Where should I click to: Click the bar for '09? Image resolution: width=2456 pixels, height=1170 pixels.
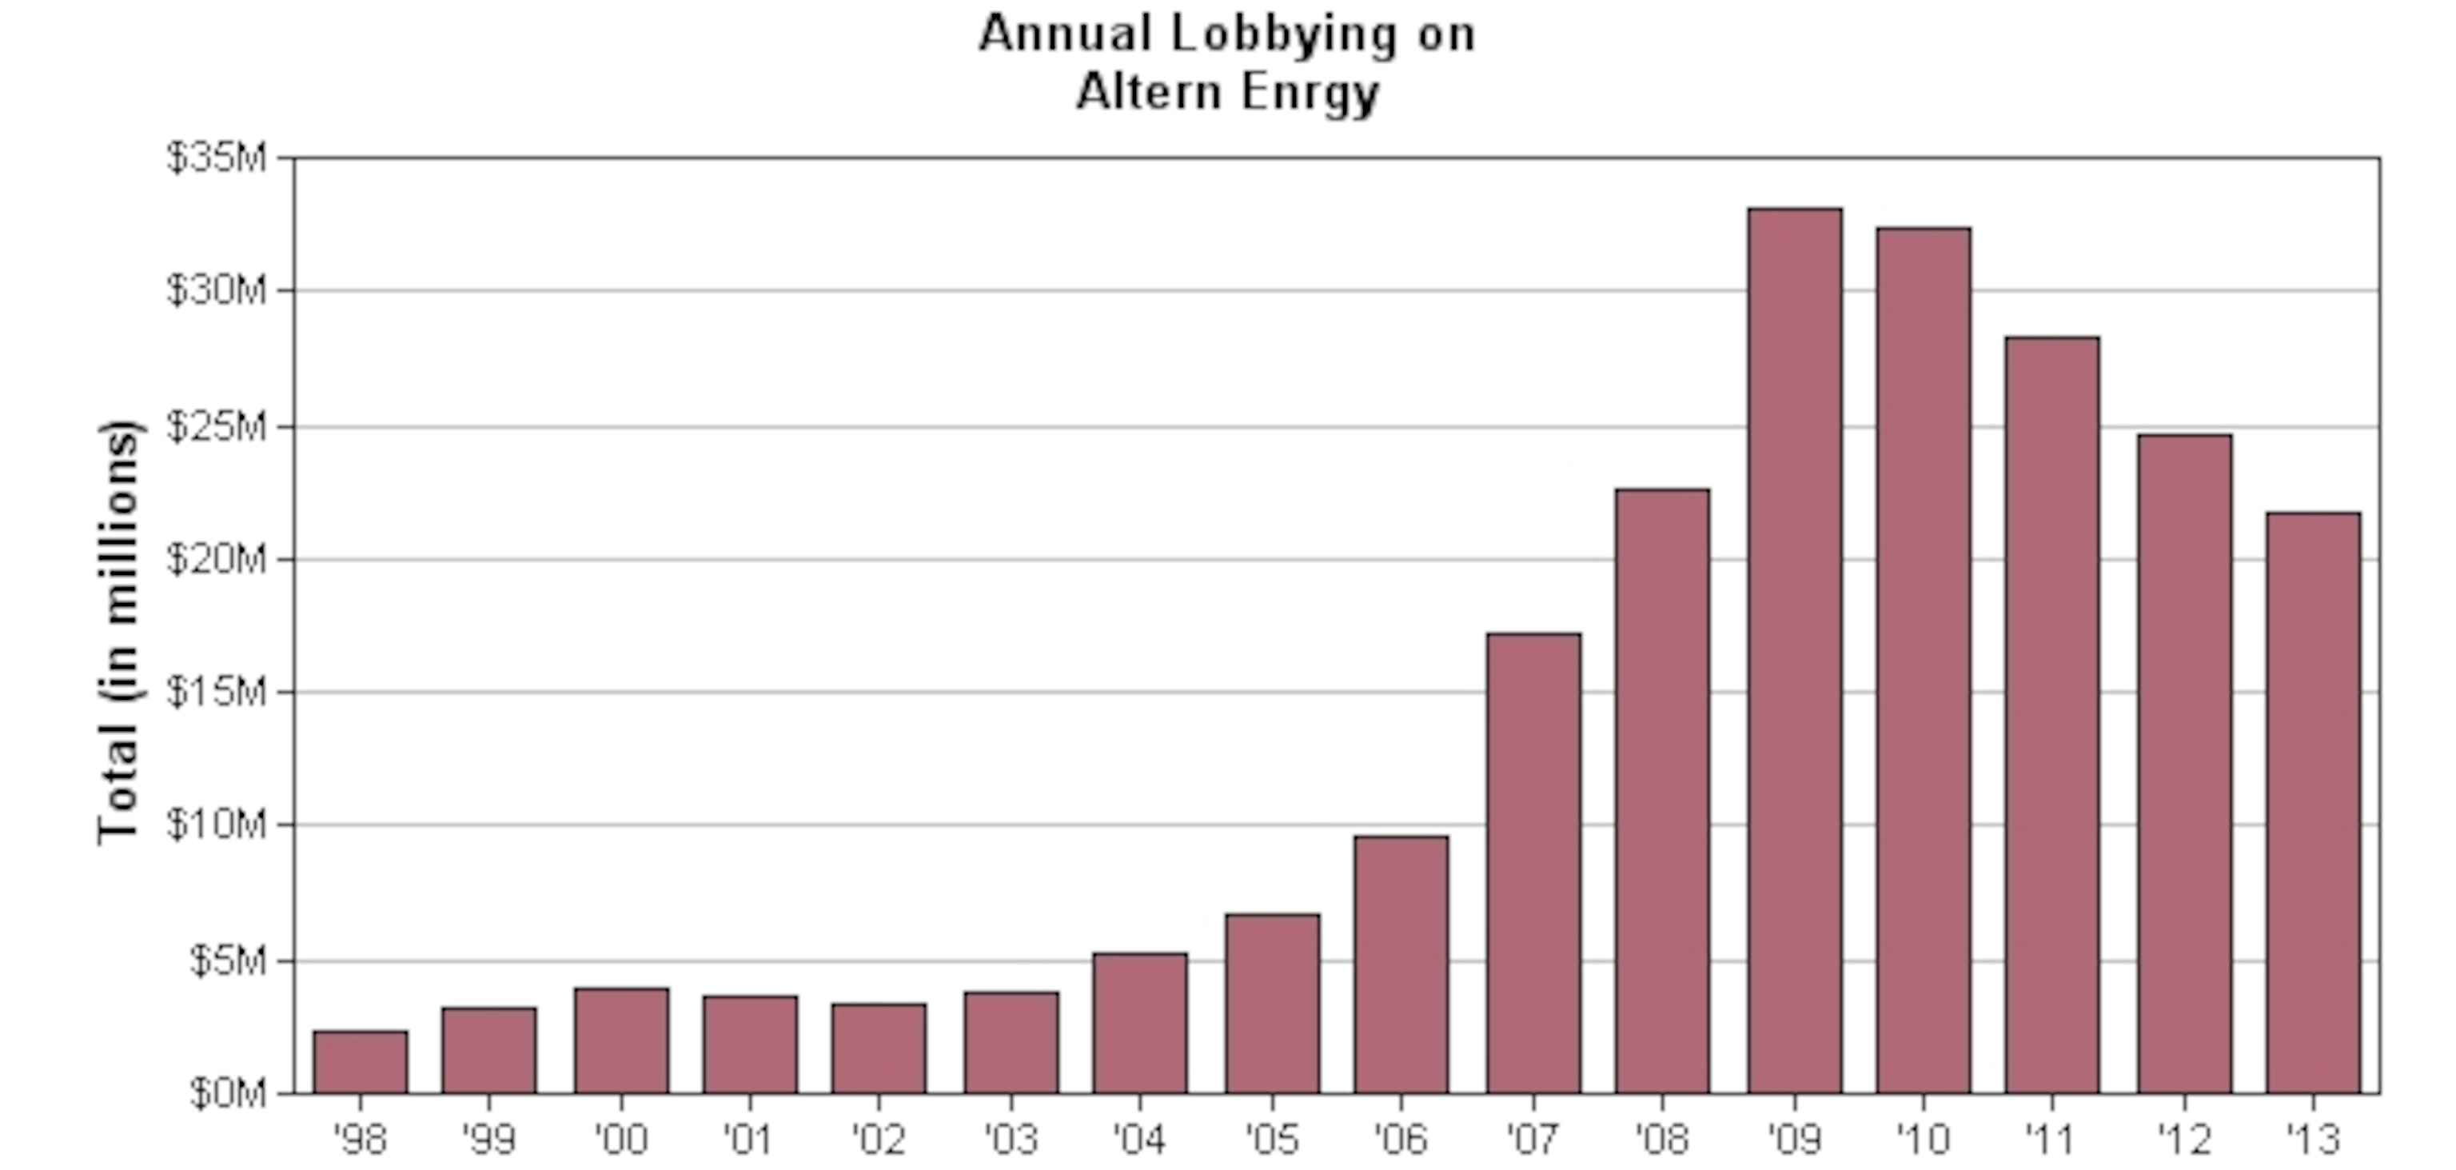pos(1794,650)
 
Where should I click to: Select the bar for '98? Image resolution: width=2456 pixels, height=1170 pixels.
pos(361,1061)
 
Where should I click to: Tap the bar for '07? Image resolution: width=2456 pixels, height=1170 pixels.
pos(1533,863)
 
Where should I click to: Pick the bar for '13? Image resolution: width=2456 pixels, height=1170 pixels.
pos(2313,803)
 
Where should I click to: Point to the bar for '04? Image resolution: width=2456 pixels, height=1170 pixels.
pos(1140,1022)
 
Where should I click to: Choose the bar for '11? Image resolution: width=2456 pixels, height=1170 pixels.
pos(2051,715)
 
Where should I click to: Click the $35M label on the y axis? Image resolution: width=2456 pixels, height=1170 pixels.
pos(217,158)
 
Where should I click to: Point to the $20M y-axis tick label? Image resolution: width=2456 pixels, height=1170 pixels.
pos(217,559)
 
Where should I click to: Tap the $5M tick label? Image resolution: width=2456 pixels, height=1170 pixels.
pos(228,960)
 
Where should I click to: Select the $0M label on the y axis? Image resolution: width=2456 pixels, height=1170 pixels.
pos(228,1094)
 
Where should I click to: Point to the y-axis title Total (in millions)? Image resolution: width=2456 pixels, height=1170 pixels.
pos(120,631)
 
